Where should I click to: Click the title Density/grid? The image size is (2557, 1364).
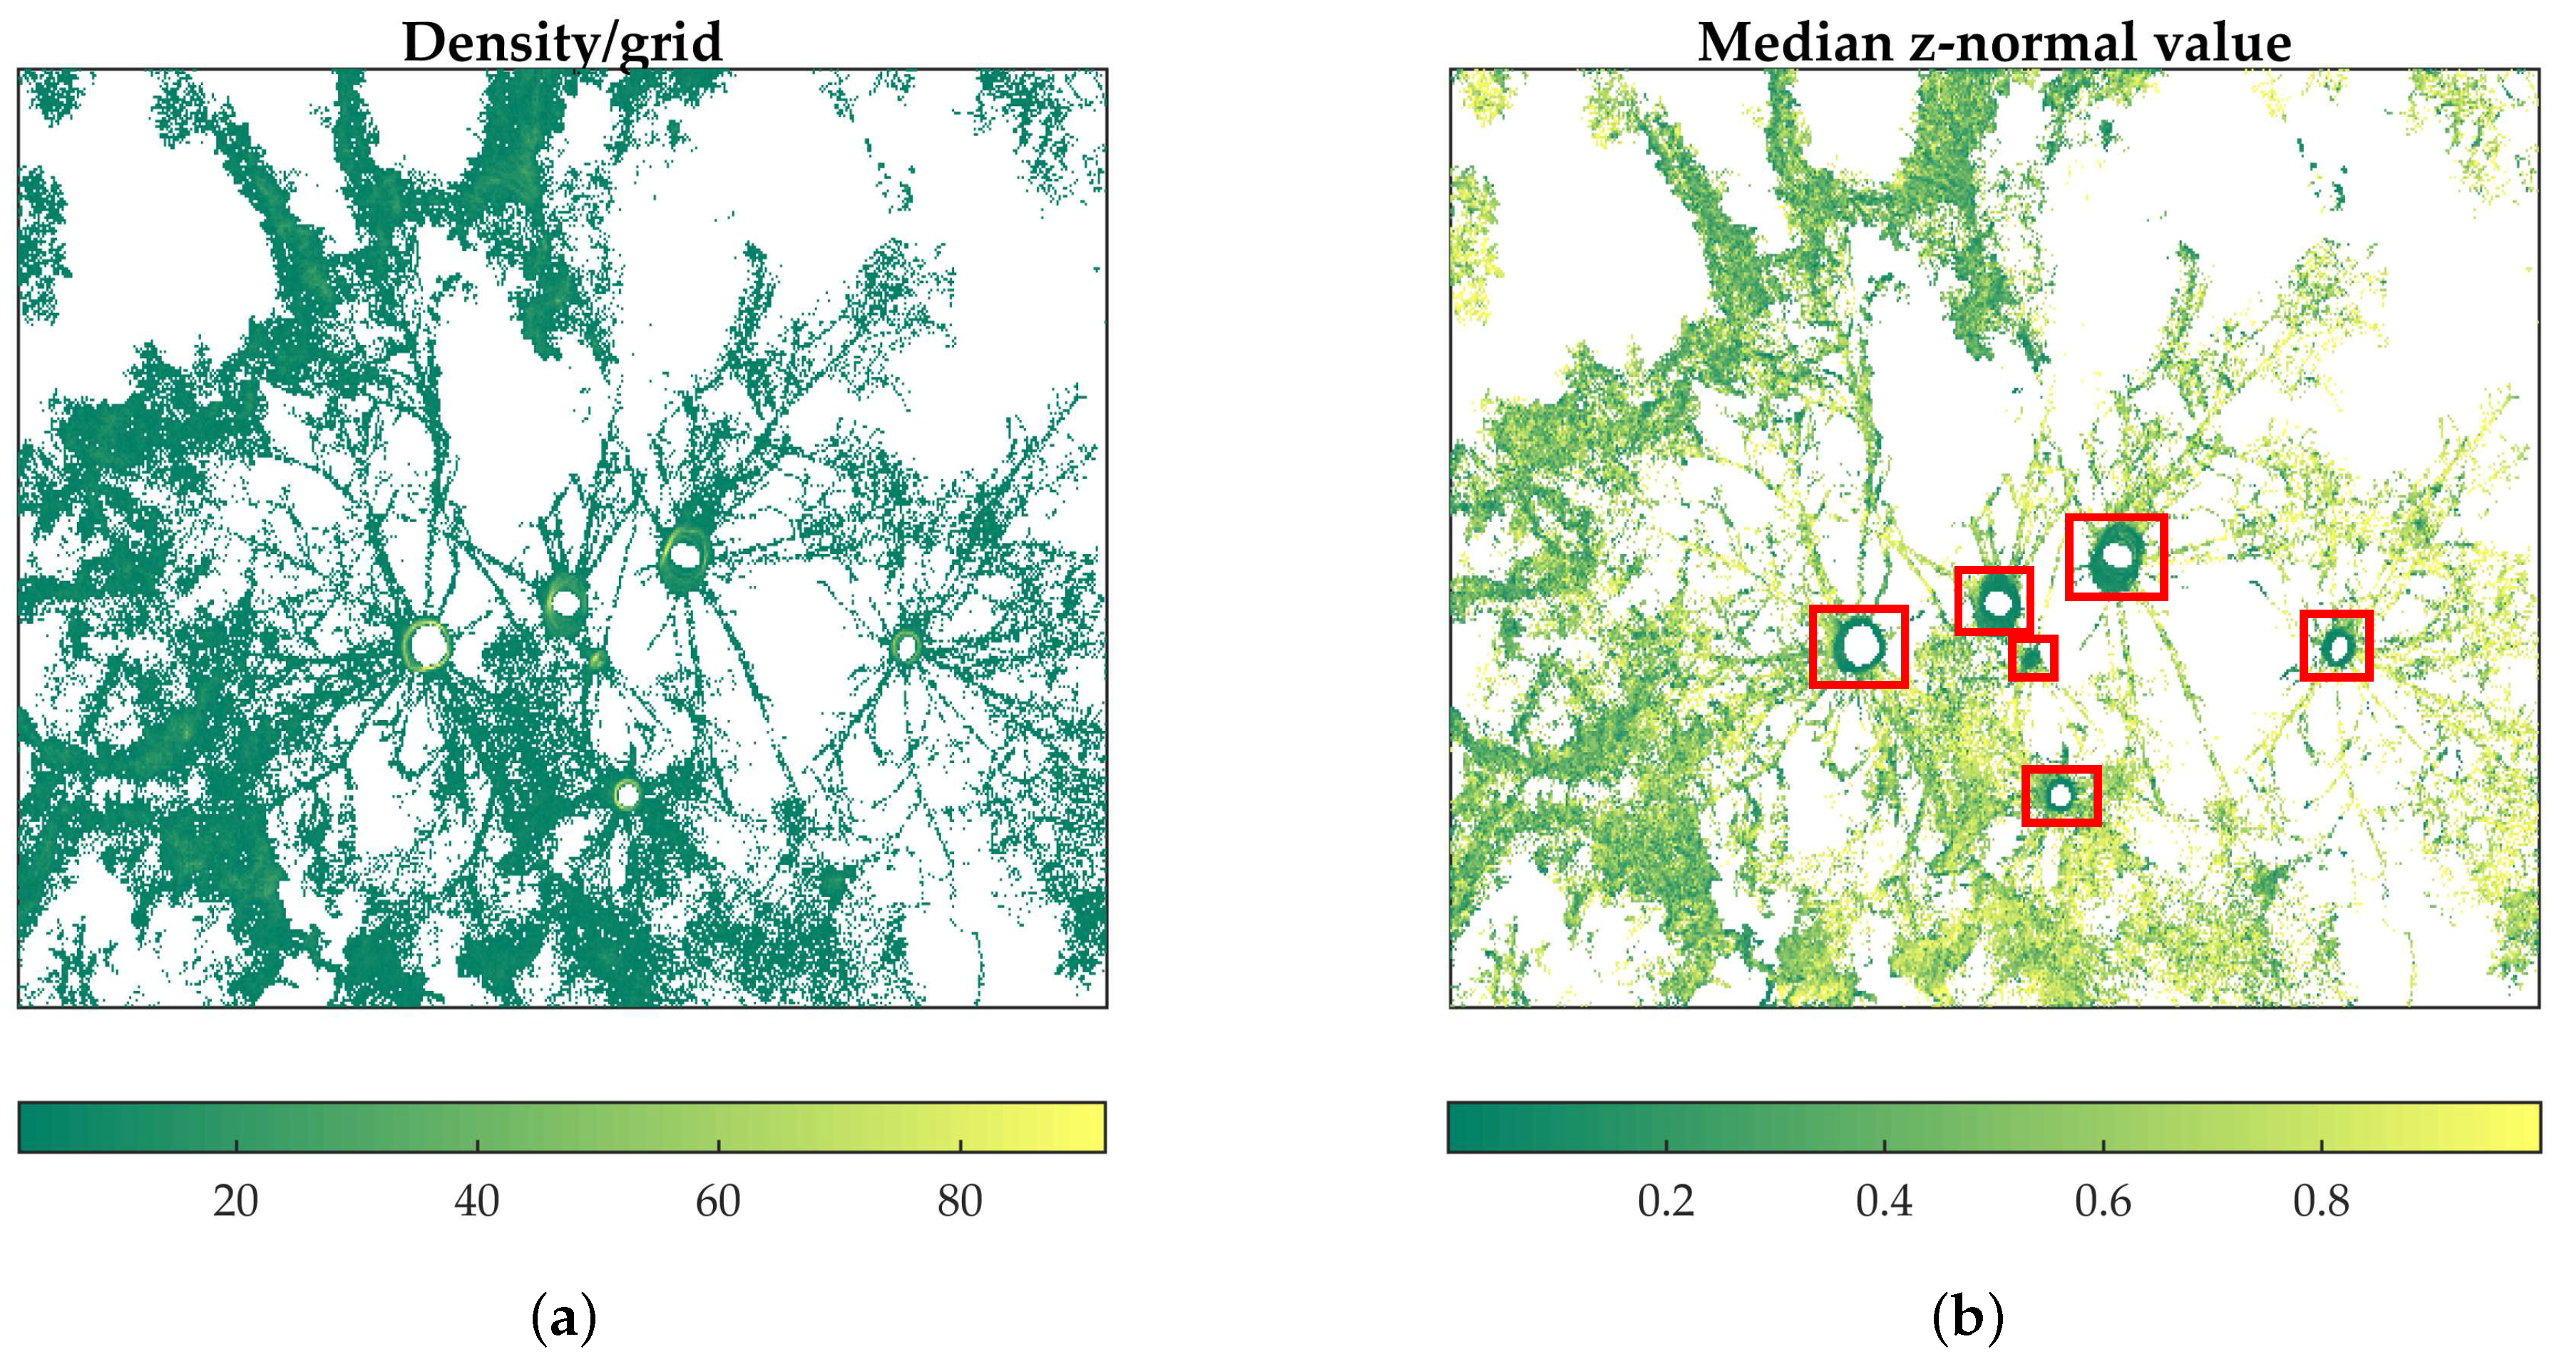click(x=562, y=43)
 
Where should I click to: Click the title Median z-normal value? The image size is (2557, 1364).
click(x=1994, y=43)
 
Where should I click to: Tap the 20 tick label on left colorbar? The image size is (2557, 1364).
click(x=235, y=1202)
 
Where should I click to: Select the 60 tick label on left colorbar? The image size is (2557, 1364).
click(x=717, y=1202)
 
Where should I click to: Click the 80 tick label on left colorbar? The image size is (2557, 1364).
click(x=960, y=1202)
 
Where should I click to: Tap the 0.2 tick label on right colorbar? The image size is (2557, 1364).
click(x=1666, y=1202)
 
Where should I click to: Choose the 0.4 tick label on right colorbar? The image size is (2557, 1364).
click(x=1884, y=1202)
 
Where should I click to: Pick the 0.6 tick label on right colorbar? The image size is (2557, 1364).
click(x=2102, y=1202)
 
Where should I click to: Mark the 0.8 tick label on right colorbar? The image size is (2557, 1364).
click(x=2321, y=1202)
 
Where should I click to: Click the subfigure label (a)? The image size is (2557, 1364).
click(x=564, y=1318)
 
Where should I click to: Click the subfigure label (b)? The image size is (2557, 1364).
click(x=1967, y=1318)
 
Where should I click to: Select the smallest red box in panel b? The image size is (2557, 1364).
click(x=2032, y=658)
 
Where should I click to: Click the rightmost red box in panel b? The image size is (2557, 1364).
click(x=2337, y=645)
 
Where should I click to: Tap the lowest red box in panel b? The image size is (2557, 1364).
click(x=2061, y=795)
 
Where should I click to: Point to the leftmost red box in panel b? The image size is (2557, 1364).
click(x=1858, y=646)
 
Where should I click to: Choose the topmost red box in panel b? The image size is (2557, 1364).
click(x=2116, y=557)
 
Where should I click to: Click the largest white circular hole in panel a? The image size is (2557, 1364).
click(x=429, y=646)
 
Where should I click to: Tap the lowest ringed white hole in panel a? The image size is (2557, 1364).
click(x=626, y=794)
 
